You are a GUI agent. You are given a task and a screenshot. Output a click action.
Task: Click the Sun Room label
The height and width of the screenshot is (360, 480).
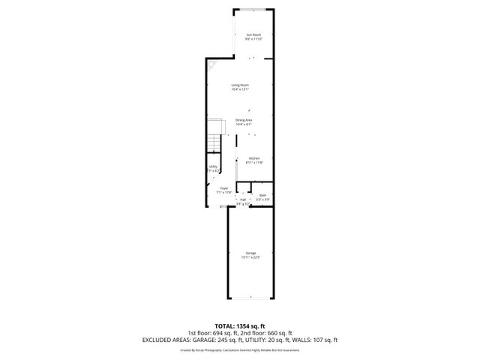pos(254,35)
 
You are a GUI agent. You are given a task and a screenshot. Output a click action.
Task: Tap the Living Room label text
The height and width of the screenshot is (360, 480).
pos(240,85)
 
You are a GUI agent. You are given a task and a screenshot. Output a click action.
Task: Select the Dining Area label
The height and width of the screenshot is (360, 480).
pos(244,120)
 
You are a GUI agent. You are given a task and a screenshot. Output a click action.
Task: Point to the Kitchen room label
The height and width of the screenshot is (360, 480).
pos(254,158)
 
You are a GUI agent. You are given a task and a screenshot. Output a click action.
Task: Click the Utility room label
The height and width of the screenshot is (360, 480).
pos(213,166)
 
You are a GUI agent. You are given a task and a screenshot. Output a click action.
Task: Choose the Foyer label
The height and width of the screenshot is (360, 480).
pos(223,188)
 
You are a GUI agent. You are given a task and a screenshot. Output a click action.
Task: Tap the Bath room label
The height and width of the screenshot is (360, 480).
pos(262,195)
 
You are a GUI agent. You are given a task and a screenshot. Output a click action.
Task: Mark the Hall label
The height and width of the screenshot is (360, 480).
pos(243,199)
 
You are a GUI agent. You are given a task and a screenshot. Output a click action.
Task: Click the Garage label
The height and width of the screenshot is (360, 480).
pos(250,253)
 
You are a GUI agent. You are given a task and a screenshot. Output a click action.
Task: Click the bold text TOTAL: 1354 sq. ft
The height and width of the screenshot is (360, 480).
pos(239,326)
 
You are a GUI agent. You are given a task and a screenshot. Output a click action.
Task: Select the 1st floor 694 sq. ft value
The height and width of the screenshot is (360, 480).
pos(213,333)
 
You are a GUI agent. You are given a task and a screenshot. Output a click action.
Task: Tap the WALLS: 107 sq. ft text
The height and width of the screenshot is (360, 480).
pos(314,340)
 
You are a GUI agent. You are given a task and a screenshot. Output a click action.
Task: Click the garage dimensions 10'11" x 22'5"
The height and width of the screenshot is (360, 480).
pos(250,257)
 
